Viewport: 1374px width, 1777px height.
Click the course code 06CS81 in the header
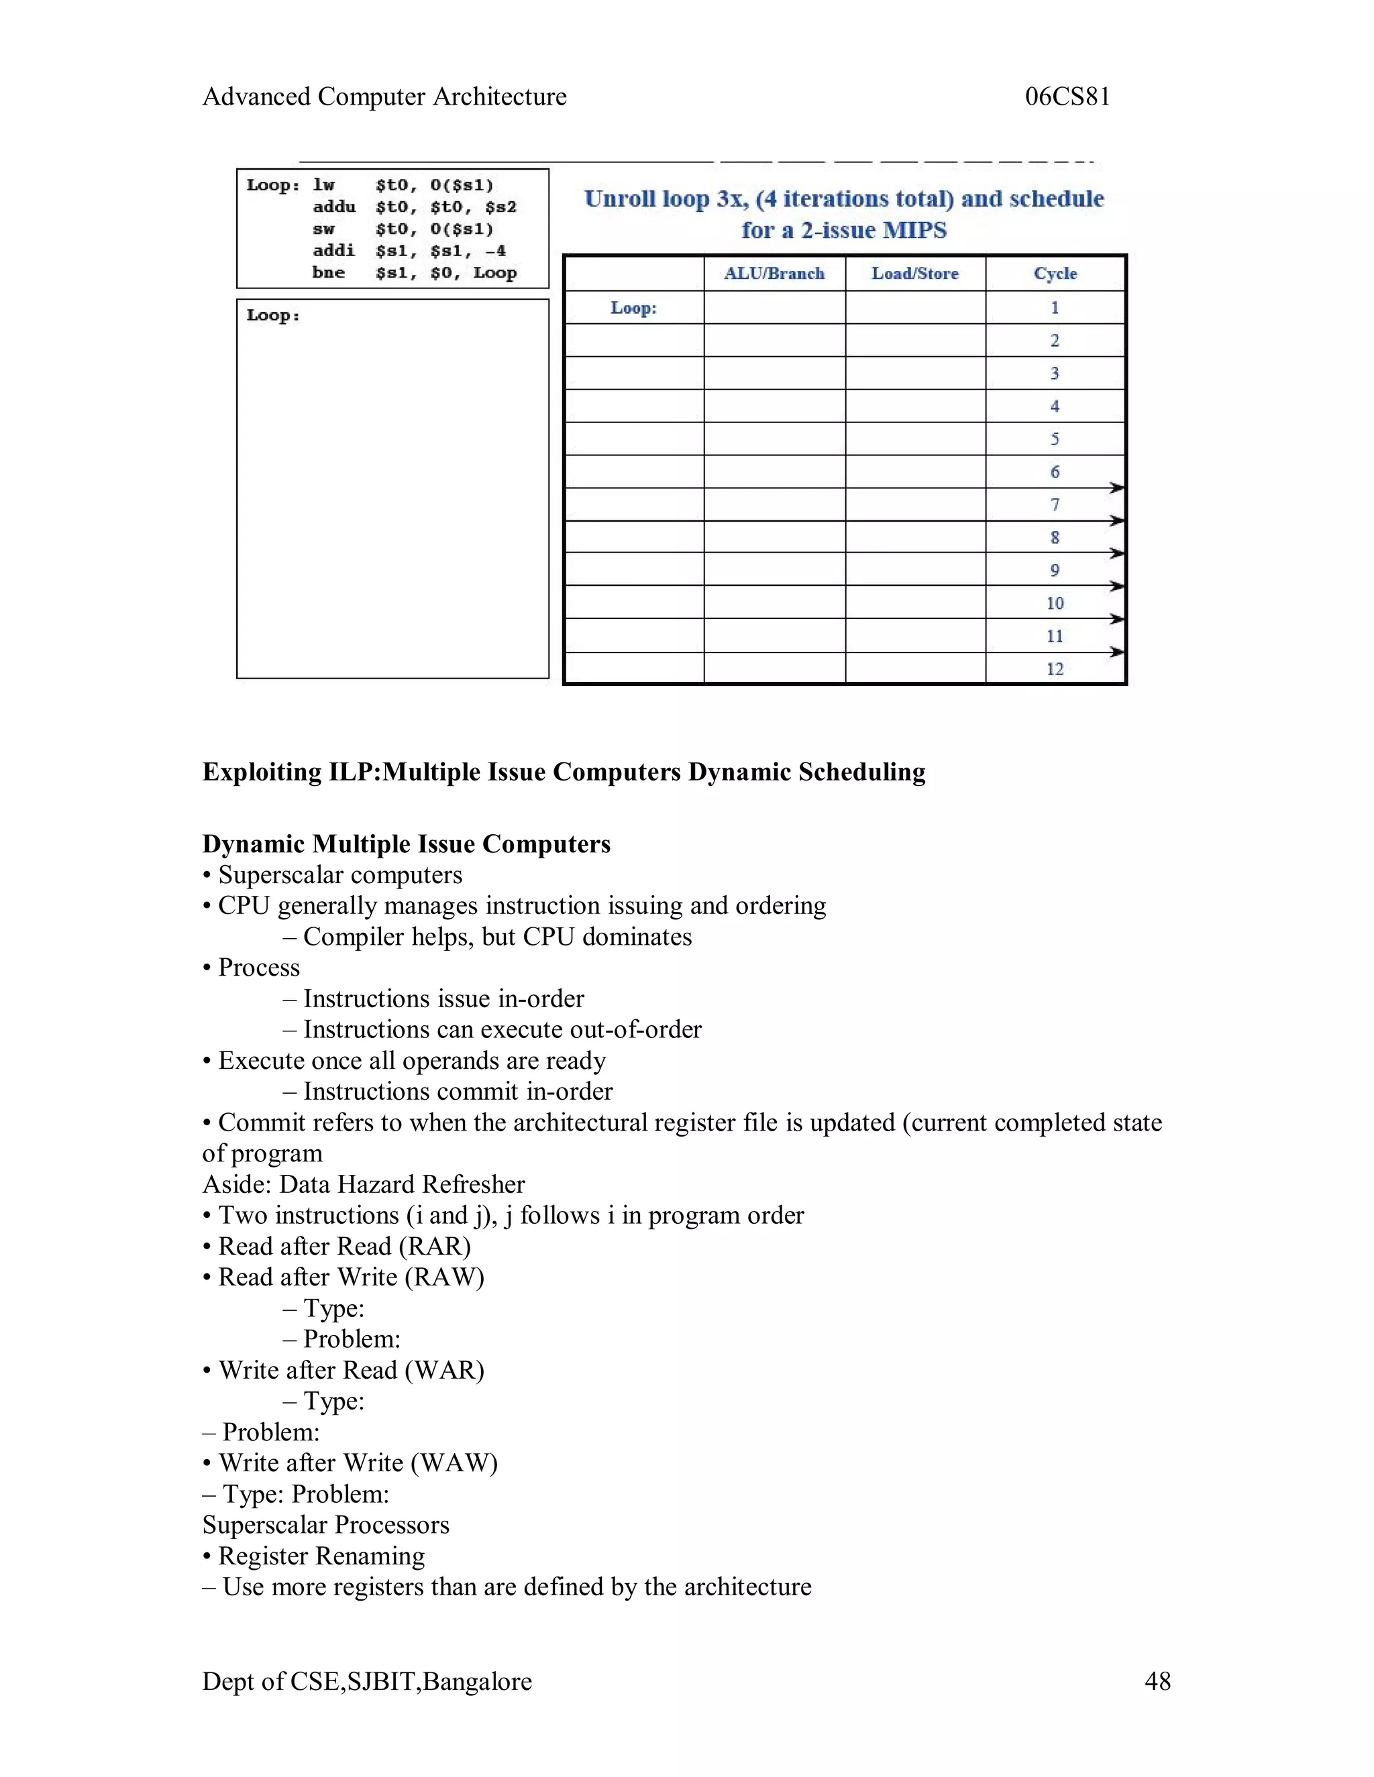pos(1067,97)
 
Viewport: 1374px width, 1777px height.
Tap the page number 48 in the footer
pos(1157,1681)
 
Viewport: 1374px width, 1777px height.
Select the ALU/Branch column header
pos(774,274)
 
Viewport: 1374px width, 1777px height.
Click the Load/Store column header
pos(915,274)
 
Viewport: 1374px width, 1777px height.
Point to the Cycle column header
pos(1055,274)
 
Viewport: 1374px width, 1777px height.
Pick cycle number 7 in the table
pos(1055,504)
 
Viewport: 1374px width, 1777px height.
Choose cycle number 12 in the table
pos(1055,669)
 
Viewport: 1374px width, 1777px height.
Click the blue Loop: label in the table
pos(633,308)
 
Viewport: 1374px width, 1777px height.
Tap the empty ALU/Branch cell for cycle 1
pos(774,308)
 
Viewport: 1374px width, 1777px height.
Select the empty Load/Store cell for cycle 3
pos(915,374)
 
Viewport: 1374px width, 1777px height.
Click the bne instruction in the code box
pos(328,272)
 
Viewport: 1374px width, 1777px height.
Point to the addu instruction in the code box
pos(333,207)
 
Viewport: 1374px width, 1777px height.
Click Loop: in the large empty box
pos(272,316)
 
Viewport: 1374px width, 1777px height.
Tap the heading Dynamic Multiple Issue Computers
pos(406,844)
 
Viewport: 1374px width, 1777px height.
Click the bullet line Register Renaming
pos(321,1555)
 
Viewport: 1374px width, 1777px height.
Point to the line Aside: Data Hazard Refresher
pos(363,1184)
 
